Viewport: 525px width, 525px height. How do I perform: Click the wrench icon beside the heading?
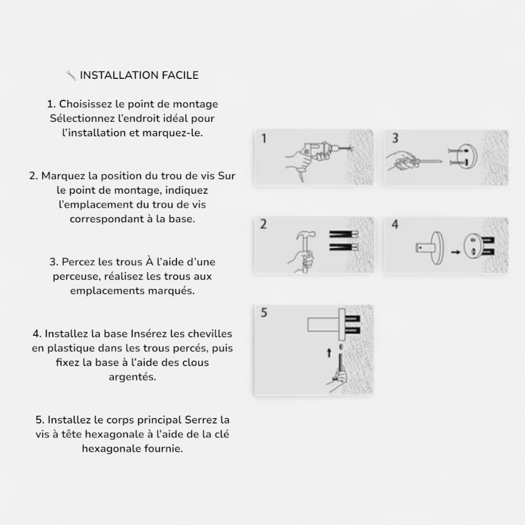(x=71, y=76)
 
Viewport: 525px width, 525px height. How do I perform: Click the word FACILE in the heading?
(x=180, y=75)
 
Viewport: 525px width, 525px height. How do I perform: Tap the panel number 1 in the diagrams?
(x=264, y=138)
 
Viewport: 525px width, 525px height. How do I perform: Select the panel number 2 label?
(x=264, y=224)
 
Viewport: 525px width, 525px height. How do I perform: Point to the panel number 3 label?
(x=395, y=138)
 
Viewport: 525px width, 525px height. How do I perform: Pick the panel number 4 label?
(x=395, y=225)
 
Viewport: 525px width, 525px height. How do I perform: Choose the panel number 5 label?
(x=264, y=312)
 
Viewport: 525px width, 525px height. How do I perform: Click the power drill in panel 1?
(x=321, y=151)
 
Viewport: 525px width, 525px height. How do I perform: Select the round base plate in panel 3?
(x=468, y=156)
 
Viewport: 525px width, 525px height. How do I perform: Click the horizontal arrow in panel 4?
(x=456, y=252)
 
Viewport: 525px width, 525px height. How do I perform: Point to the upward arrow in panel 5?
(x=329, y=353)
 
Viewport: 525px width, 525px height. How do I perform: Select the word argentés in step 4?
(x=133, y=377)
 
